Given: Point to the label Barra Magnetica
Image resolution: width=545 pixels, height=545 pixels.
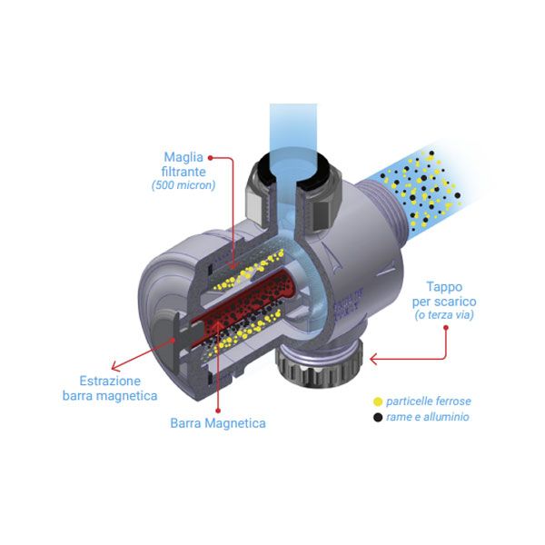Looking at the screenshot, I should (x=218, y=422).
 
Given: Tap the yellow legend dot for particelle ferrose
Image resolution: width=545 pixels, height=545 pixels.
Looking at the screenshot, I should (x=378, y=401).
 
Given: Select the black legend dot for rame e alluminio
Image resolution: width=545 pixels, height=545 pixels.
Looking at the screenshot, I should (x=378, y=417).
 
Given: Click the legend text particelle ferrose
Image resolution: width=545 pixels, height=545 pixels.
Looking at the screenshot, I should (x=428, y=401).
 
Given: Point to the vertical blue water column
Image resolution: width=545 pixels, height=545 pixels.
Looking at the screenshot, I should (x=292, y=127).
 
